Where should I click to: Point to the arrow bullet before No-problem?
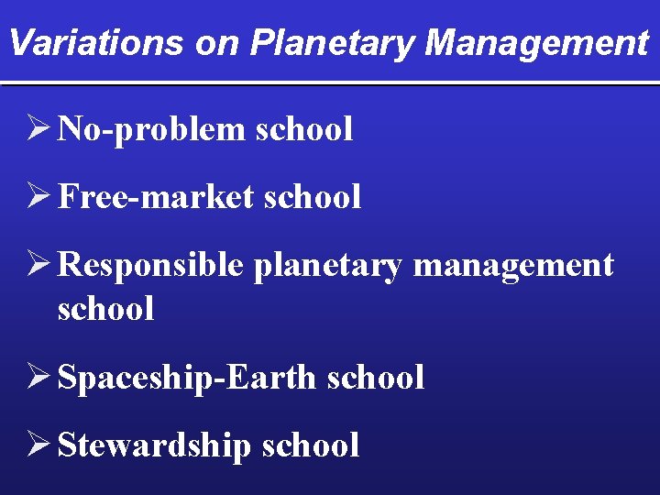tap(39, 129)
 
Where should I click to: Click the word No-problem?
tap(151, 129)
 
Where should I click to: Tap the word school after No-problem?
tap(303, 129)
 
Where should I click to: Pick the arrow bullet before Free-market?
tap(39, 196)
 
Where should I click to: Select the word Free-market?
tap(156, 196)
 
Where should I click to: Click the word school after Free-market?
tap(312, 196)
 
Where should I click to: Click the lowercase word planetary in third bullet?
tap(327, 266)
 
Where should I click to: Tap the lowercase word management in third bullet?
tap(513, 266)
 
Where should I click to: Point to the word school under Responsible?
tap(105, 308)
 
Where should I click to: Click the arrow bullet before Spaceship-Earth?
tap(39, 377)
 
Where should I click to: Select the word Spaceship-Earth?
tap(187, 377)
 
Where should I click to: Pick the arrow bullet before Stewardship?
tap(39, 445)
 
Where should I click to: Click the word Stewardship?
tap(155, 445)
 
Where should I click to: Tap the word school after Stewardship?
tap(311, 445)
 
